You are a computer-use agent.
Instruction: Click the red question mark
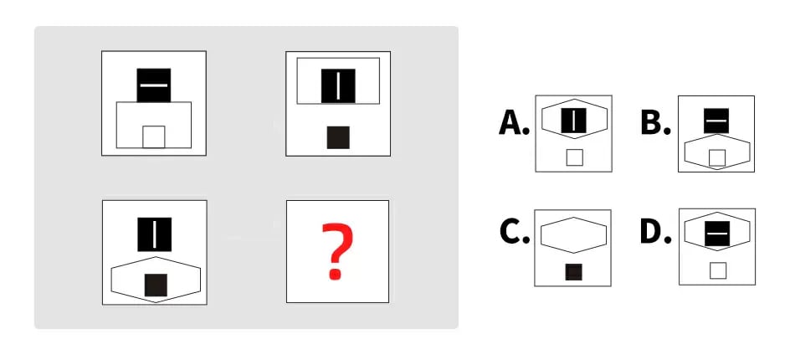click(x=337, y=252)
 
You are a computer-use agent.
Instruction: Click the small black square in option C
click(x=574, y=272)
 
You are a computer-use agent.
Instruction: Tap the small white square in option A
click(x=574, y=157)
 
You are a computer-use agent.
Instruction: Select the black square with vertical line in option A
click(x=573, y=120)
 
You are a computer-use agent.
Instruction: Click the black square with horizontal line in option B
click(x=716, y=121)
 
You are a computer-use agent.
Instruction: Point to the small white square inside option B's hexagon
click(x=717, y=158)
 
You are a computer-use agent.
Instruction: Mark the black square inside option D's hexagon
click(x=717, y=234)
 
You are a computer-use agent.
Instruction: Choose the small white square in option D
click(x=718, y=270)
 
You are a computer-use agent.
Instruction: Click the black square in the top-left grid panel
click(x=154, y=85)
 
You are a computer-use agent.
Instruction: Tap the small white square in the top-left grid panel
click(x=154, y=136)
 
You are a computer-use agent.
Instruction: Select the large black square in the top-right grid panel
click(x=338, y=85)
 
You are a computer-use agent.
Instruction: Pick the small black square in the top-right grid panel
click(x=338, y=137)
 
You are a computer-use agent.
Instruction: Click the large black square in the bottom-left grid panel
click(x=155, y=234)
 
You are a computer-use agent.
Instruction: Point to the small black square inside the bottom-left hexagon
click(x=156, y=285)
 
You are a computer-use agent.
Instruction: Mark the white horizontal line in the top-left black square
click(x=154, y=85)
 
